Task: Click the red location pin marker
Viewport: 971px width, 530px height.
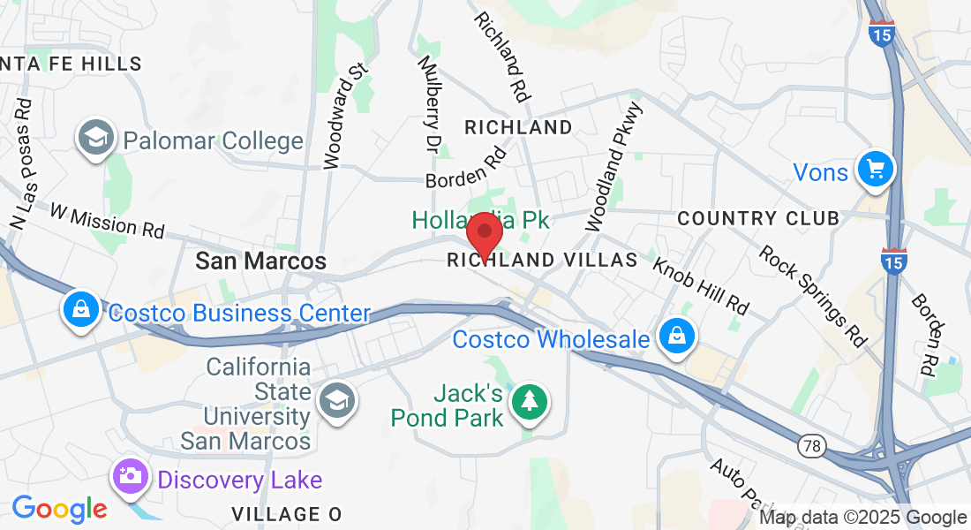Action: point(484,233)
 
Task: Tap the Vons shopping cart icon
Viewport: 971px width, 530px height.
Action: point(875,169)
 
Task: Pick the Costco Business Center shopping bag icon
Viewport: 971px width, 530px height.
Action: point(80,310)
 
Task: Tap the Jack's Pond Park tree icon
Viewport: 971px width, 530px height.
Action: point(529,402)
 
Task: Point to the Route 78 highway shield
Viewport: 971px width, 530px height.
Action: point(812,446)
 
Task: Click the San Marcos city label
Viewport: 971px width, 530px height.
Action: point(260,261)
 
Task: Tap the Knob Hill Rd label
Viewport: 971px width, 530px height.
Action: point(700,286)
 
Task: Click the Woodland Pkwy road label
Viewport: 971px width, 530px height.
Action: point(616,167)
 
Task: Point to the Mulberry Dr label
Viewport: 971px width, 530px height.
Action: point(429,102)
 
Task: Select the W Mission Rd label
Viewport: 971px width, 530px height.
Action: point(107,221)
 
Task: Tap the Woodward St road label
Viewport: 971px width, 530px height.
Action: point(343,115)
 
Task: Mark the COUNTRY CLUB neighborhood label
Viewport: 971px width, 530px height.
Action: point(758,218)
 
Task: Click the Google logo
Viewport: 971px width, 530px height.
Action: point(59,509)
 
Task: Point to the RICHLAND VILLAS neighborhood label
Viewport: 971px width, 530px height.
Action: point(542,260)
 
